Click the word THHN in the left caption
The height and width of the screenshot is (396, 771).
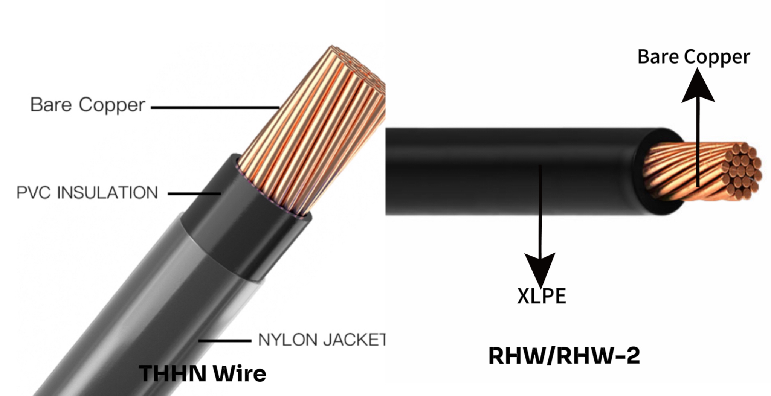pyautogui.click(x=173, y=373)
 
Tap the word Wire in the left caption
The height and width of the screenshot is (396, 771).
pyautogui.click(x=240, y=373)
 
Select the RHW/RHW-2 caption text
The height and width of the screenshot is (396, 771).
pyautogui.click(x=564, y=355)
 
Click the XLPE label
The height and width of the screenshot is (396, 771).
pyautogui.click(x=541, y=296)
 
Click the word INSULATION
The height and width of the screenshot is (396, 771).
pyautogui.click(x=107, y=193)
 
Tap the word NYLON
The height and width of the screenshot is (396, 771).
pyautogui.click(x=288, y=340)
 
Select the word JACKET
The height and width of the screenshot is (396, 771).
pyautogui.click(x=354, y=340)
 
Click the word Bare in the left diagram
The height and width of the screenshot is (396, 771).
pyautogui.click(x=51, y=105)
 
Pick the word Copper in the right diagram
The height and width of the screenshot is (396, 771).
pyautogui.click(x=717, y=57)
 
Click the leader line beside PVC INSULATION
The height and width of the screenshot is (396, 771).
pyautogui.click(x=194, y=194)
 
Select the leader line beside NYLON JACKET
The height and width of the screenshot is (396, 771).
pyautogui.click(x=225, y=341)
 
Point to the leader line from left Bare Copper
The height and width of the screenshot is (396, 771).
pyautogui.click(x=215, y=108)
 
